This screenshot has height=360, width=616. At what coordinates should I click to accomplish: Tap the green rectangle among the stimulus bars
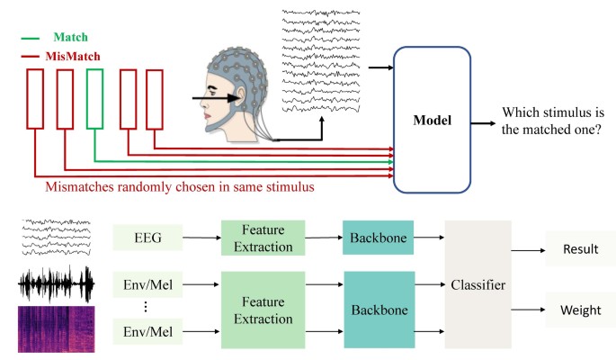tap(95, 99)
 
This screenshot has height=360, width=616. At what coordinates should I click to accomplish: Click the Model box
tap(433, 119)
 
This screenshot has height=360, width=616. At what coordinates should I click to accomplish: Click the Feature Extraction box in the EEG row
tap(263, 238)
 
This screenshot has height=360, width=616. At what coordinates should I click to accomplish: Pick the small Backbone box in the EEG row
tap(377, 238)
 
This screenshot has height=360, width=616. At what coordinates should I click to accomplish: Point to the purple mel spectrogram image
tap(55, 328)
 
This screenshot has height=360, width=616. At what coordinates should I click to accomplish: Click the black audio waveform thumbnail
tap(55, 284)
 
